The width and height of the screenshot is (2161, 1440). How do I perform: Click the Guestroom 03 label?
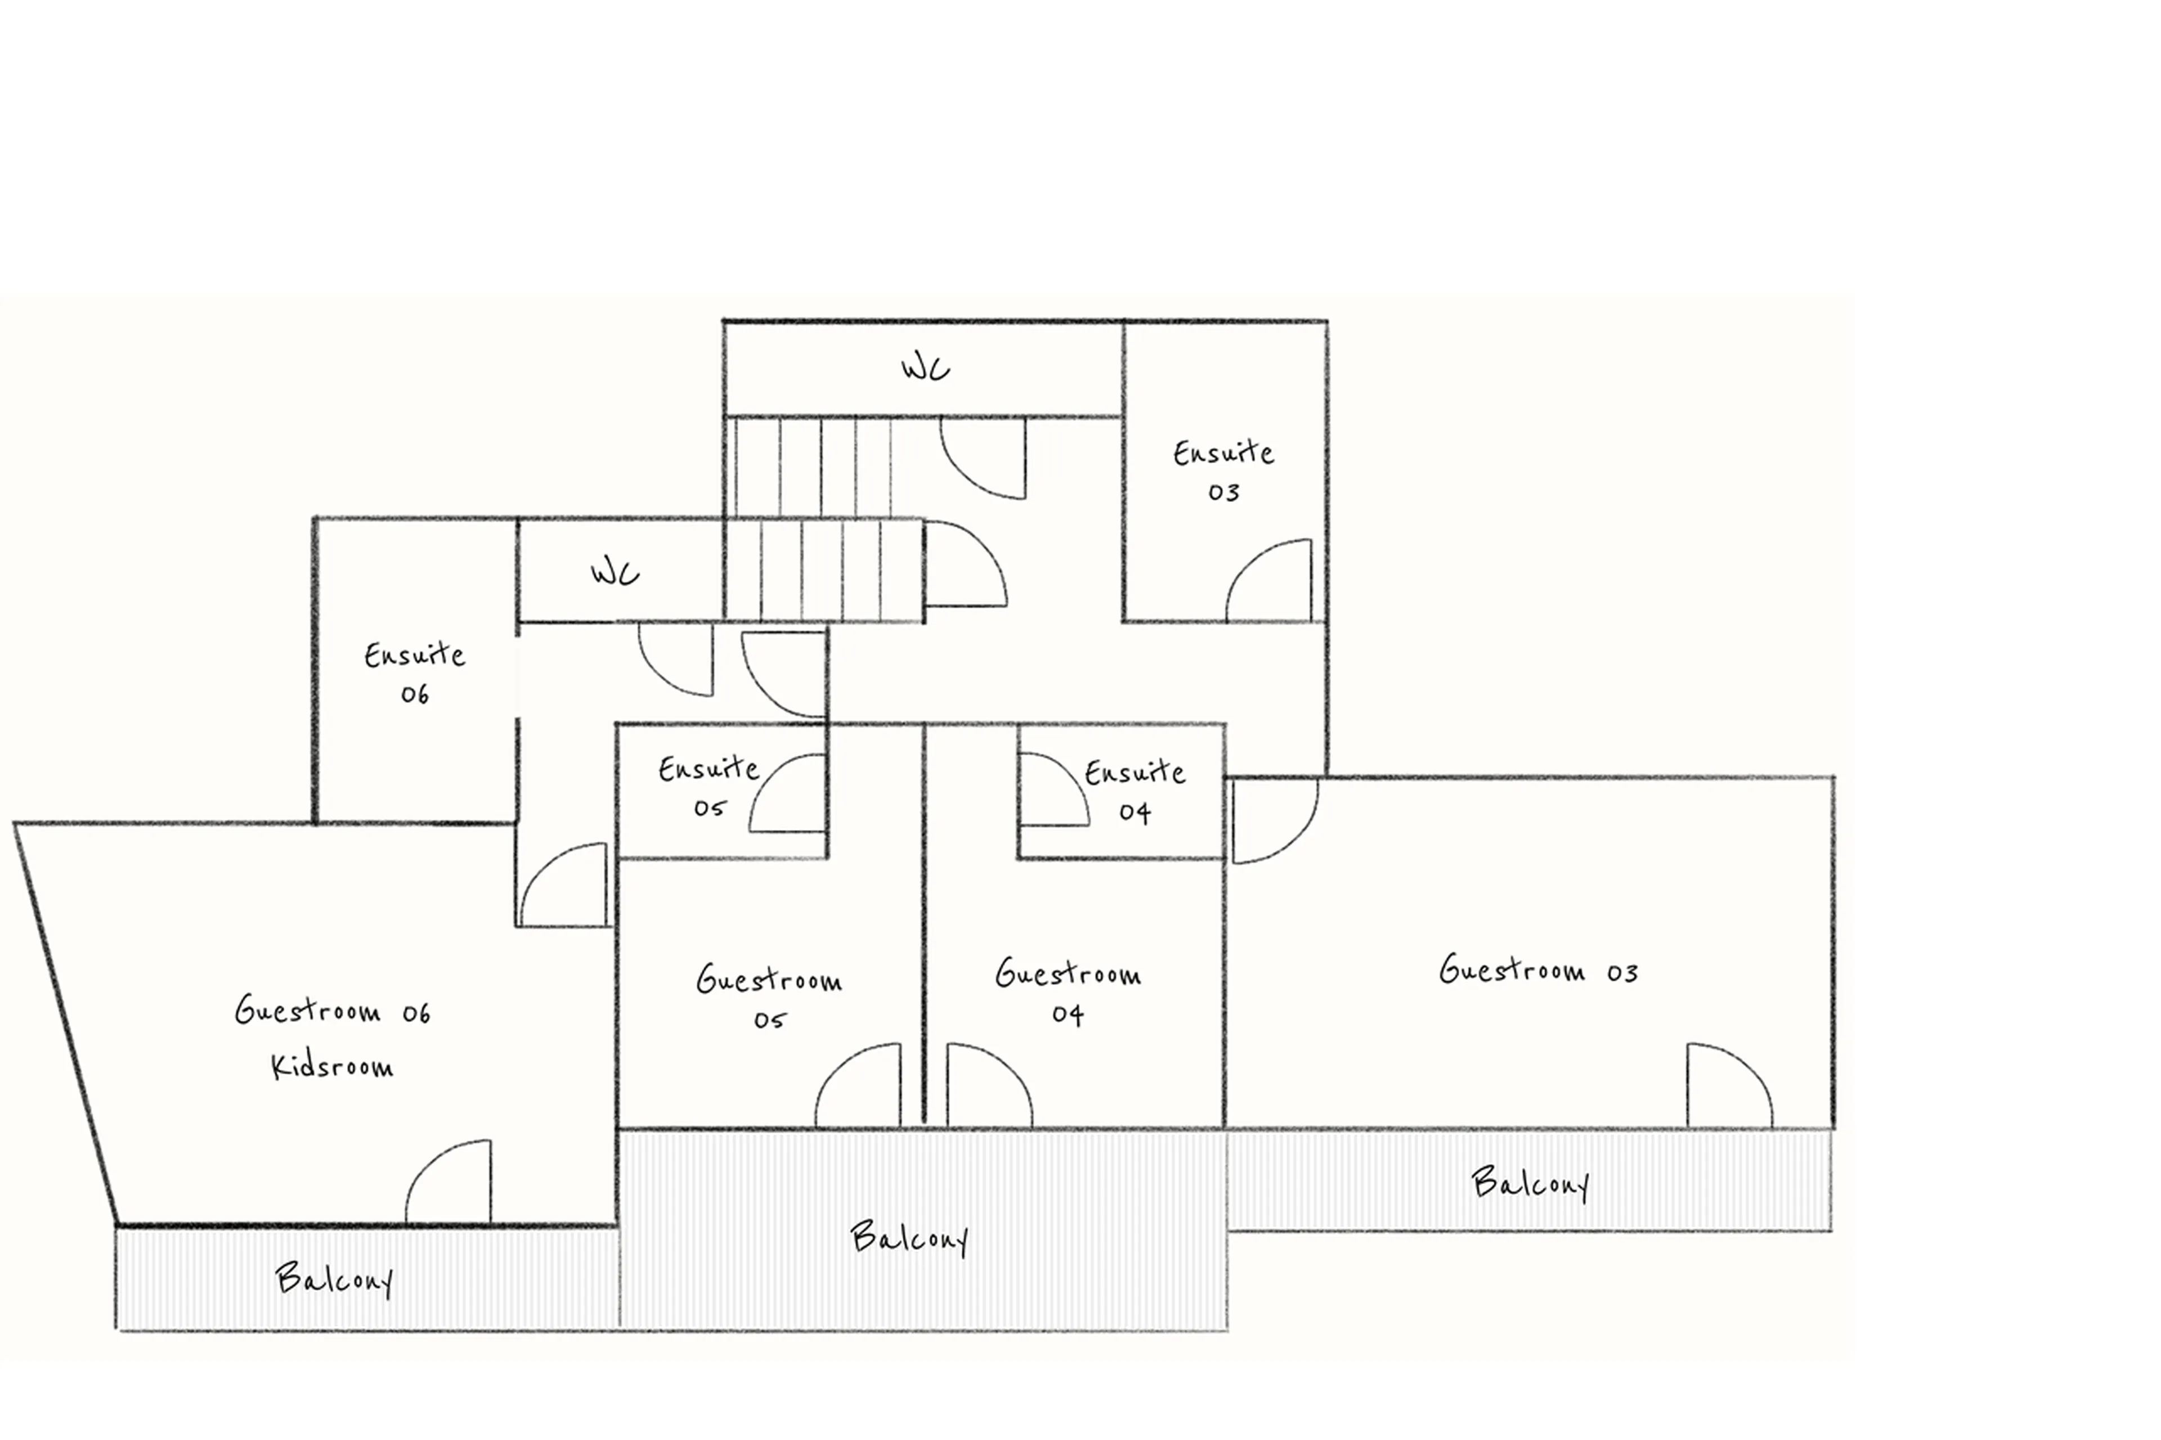1537,970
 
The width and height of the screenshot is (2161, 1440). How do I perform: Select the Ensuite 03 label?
1222,471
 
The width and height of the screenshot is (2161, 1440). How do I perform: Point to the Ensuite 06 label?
414,673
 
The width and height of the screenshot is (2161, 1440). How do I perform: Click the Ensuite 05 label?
708,786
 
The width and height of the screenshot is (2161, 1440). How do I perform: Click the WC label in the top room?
924,368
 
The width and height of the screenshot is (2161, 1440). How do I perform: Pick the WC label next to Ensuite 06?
615,573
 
